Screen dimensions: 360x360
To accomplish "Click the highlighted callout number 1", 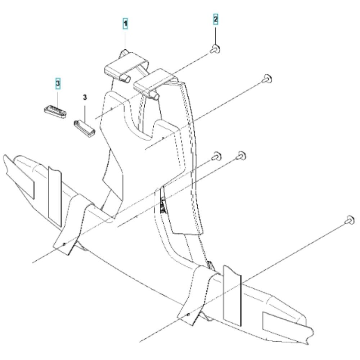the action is [x=125, y=24].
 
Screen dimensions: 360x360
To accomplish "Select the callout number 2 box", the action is [x=215, y=19].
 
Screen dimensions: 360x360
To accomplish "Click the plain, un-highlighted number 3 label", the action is [x=85, y=98].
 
